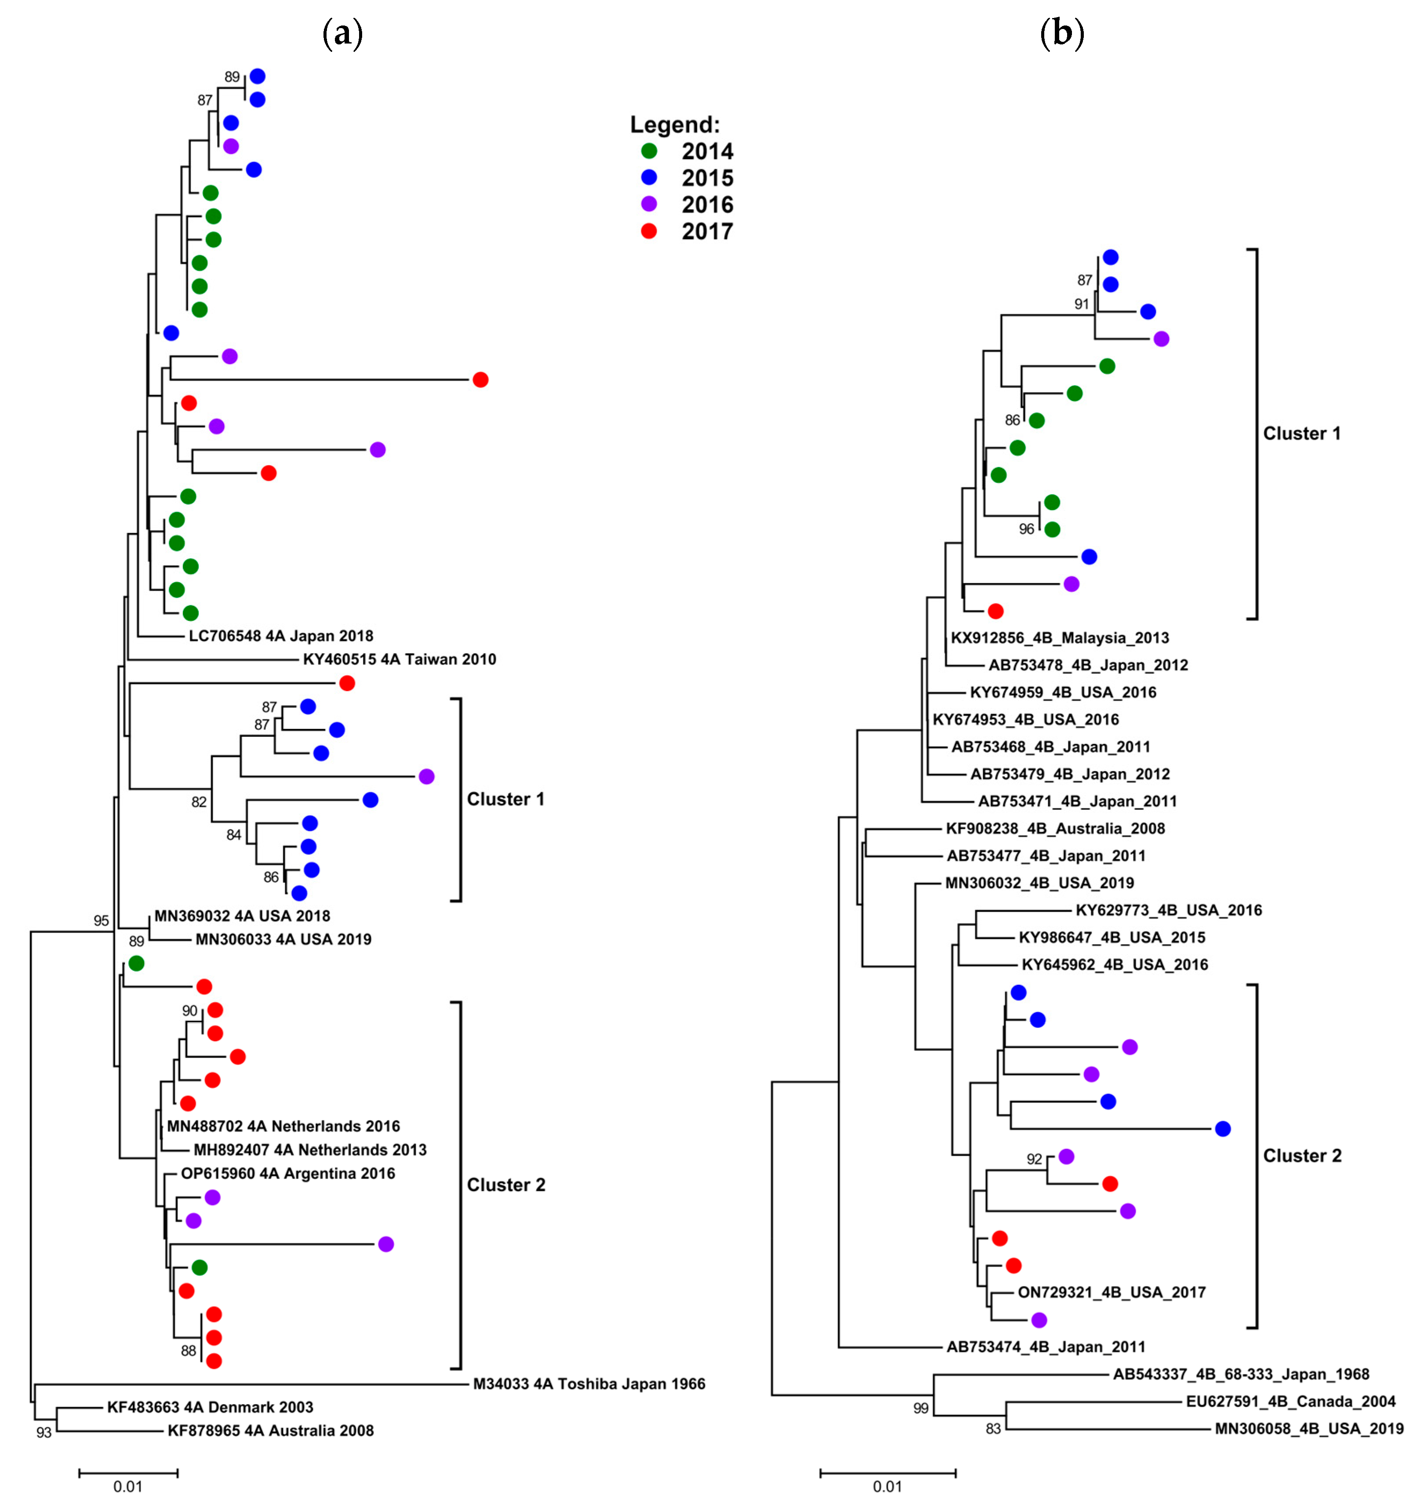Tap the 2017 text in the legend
[707, 231]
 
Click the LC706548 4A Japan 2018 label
[281, 636]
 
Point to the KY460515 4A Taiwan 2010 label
[399, 659]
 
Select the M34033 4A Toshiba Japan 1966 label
[588, 1384]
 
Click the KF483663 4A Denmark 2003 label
[210, 1407]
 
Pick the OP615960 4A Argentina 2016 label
[287, 1173]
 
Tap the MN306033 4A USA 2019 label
[283, 939]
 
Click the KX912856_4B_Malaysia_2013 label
[1060, 638]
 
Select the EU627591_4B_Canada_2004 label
[1290, 1401]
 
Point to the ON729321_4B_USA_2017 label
[1111, 1292]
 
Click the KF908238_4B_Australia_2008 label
[1055, 828]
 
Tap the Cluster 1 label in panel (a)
[505, 799]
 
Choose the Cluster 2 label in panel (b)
[1301, 1155]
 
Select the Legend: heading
[674, 124]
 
